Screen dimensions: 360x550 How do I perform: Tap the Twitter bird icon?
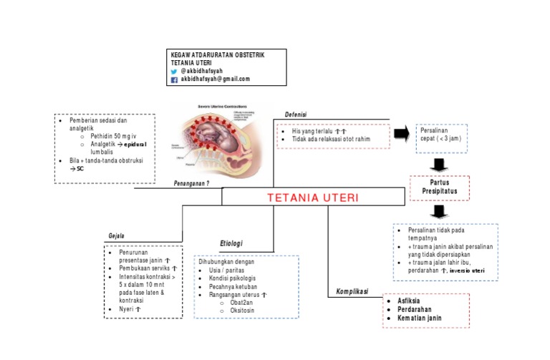pos(173,72)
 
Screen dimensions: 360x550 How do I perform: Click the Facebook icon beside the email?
pos(173,81)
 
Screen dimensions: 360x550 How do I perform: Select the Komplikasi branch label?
pos(351,291)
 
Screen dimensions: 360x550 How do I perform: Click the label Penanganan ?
pos(191,183)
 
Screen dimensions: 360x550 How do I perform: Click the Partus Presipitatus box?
pos(440,188)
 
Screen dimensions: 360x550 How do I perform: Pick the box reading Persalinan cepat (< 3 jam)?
pos(441,137)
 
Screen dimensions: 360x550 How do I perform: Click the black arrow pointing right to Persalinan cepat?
pos(402,133)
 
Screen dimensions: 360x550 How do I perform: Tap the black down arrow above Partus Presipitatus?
pos(440,165)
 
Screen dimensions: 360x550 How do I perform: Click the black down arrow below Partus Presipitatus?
pos(440,212)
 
